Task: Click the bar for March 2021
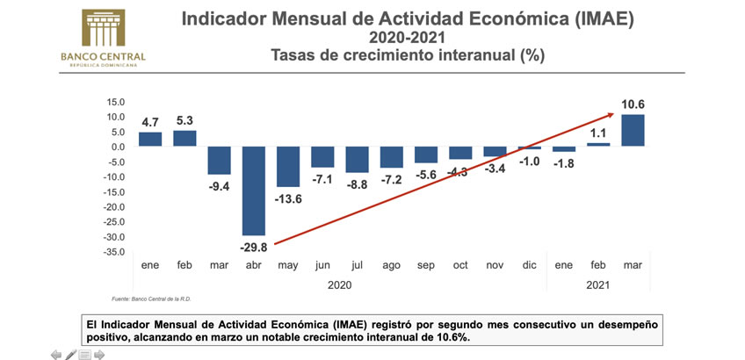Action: (633, 130)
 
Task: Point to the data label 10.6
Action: (633, 104)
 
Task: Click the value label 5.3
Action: (184, 120)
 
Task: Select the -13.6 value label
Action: (288, 198)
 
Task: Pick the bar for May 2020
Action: (288, 166)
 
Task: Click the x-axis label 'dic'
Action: (529, 264)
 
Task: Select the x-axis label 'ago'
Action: (391, 264)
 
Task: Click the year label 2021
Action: (597, 284)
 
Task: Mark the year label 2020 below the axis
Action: (339, 284)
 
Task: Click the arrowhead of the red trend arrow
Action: (609, 114)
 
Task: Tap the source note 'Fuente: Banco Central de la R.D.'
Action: (152, 299)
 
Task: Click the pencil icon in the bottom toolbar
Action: (70, 354)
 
